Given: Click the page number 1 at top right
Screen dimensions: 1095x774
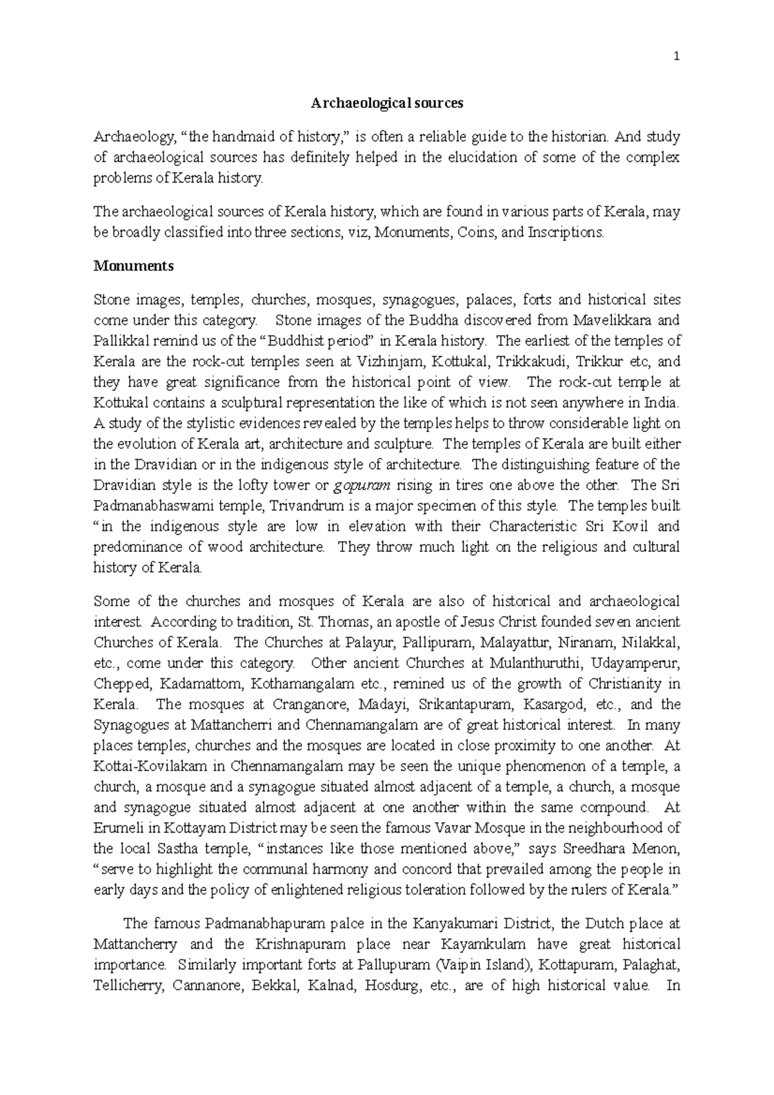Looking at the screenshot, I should click(677, 57).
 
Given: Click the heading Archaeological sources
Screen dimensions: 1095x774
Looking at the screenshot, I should click(387, 103).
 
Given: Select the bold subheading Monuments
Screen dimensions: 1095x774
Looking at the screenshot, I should click(134, 266).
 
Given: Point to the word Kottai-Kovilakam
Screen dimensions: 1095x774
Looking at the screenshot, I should click(149, 766).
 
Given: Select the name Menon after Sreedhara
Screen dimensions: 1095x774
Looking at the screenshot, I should click(658, 849).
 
